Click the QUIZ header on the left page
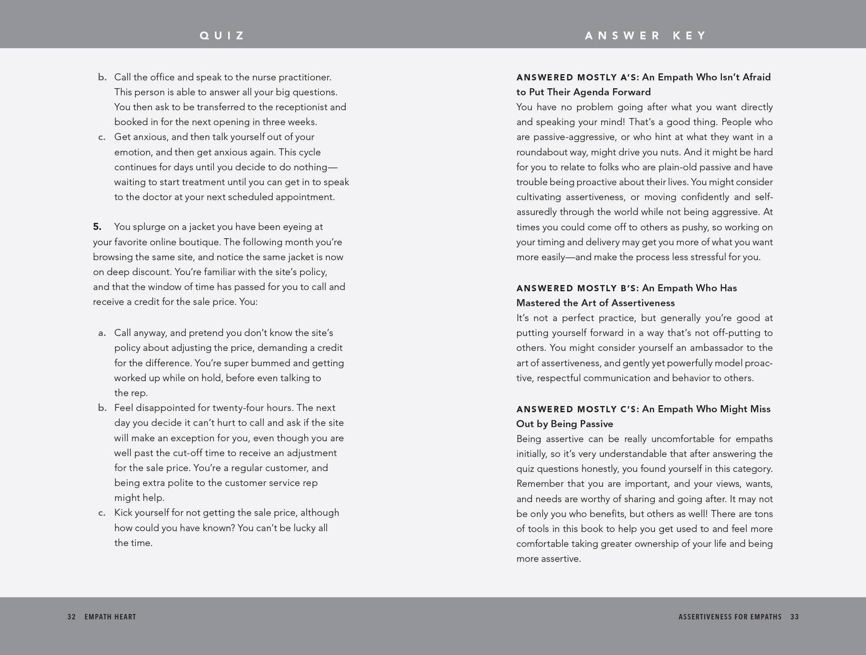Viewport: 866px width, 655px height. coord(222,36)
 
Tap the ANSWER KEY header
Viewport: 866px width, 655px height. coord(645,36)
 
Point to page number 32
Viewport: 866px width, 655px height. coord(71,617)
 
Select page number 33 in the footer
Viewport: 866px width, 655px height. coord(794,617)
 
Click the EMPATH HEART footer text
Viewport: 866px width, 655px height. coord(110,617)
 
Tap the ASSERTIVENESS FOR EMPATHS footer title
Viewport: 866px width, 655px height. coord(730,617)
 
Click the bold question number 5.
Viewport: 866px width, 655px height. coord(97,227)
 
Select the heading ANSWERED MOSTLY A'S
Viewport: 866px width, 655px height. coord(577,77)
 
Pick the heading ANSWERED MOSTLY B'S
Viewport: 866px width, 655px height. coord(577,288)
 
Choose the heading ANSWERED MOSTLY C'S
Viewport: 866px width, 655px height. coord(577,409)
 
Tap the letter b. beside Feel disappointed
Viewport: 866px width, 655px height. coord(102,408)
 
